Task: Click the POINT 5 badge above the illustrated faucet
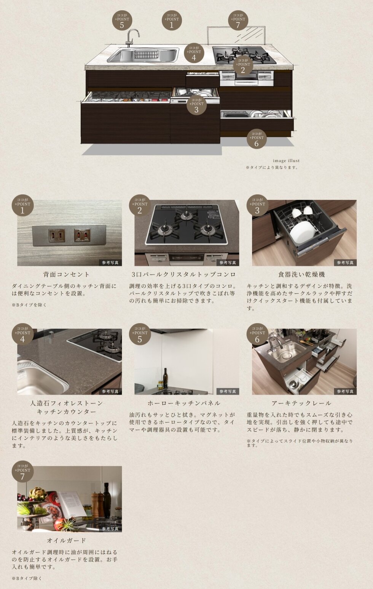point(122,20)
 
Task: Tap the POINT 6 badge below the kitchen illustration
point(257,139)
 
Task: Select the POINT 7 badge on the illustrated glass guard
point(238,20)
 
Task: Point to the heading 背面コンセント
point(67,275)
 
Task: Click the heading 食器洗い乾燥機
point(301,275)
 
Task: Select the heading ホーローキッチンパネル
point(184,403)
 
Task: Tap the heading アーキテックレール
point(301,403)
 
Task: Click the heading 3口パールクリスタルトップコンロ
point(184,275)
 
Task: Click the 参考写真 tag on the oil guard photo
point(110,529)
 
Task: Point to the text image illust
point(286,161)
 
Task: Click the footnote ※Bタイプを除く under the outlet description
point(29,305)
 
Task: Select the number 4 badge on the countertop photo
point(22,334)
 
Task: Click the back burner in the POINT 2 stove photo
point(186,215)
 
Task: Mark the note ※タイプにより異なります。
point(272,168)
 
